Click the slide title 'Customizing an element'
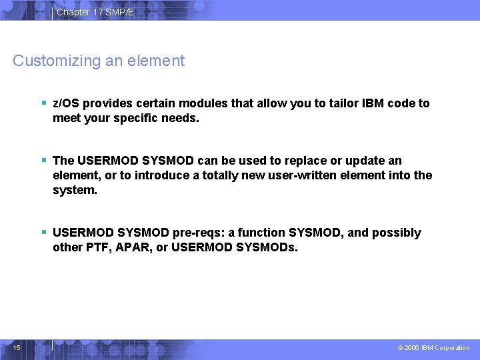coord(99,61)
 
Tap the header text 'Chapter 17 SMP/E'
coord(95,12)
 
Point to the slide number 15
coord(17,347)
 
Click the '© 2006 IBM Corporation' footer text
coord(433,348)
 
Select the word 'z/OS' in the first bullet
coord(65,103)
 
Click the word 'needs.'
coord(182,118)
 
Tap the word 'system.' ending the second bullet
coord(75,190)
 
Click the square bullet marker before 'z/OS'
coord(43,103)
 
